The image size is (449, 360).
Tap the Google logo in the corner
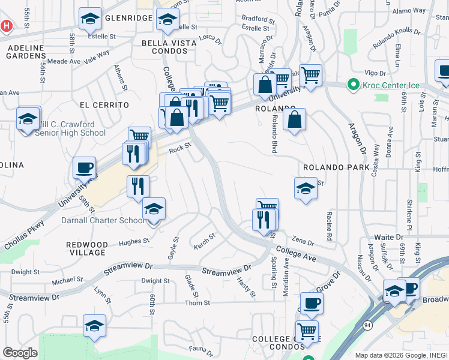[20, 353]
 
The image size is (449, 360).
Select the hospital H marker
[7, 26]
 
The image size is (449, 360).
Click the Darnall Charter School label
[103, 220]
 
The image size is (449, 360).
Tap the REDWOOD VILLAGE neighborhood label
[87, 248]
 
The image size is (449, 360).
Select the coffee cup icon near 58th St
[84, 167]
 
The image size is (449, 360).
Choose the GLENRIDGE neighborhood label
[128, 18]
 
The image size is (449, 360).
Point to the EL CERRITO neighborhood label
[104, 104]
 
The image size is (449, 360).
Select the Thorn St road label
[196, 303]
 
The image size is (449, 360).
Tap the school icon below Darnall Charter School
[94, 326]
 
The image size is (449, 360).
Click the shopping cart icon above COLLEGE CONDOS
[307, 331]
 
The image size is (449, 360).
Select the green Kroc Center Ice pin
[354, 85]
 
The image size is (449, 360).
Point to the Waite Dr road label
[388, 238]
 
